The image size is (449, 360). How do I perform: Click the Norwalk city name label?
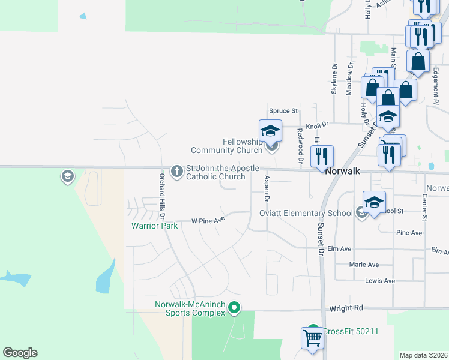[x=342, y=171]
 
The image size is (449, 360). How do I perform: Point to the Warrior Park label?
[x=155, y=226]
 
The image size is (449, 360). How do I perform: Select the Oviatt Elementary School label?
[x=306, y=213]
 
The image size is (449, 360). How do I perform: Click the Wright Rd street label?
[x=346, y=308]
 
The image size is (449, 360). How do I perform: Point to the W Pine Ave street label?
[x=208, y=220]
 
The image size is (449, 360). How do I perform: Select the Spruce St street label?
[x=283, y=111]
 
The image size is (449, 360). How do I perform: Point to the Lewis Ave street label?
[x=381, y=281]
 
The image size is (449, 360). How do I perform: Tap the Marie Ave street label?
[x=364, y=265]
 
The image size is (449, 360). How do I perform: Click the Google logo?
[x=20, y=353]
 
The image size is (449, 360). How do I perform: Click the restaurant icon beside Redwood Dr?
[x=322, y=157]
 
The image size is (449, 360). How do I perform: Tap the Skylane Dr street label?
[x=334, y=80]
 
